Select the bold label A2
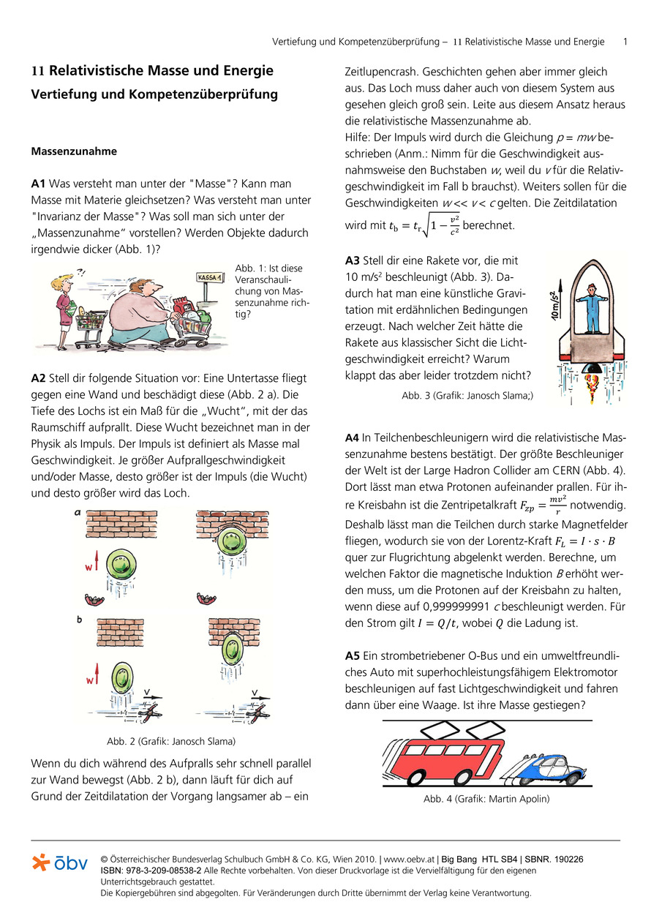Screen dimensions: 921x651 tap(39, 377)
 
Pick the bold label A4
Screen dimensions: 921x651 tap(353, 438)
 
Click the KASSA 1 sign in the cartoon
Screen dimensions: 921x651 tap(212, 277)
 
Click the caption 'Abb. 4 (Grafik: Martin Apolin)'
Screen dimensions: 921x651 tap(486, 799)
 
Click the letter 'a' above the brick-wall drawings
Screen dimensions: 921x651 tap(78, 513)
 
